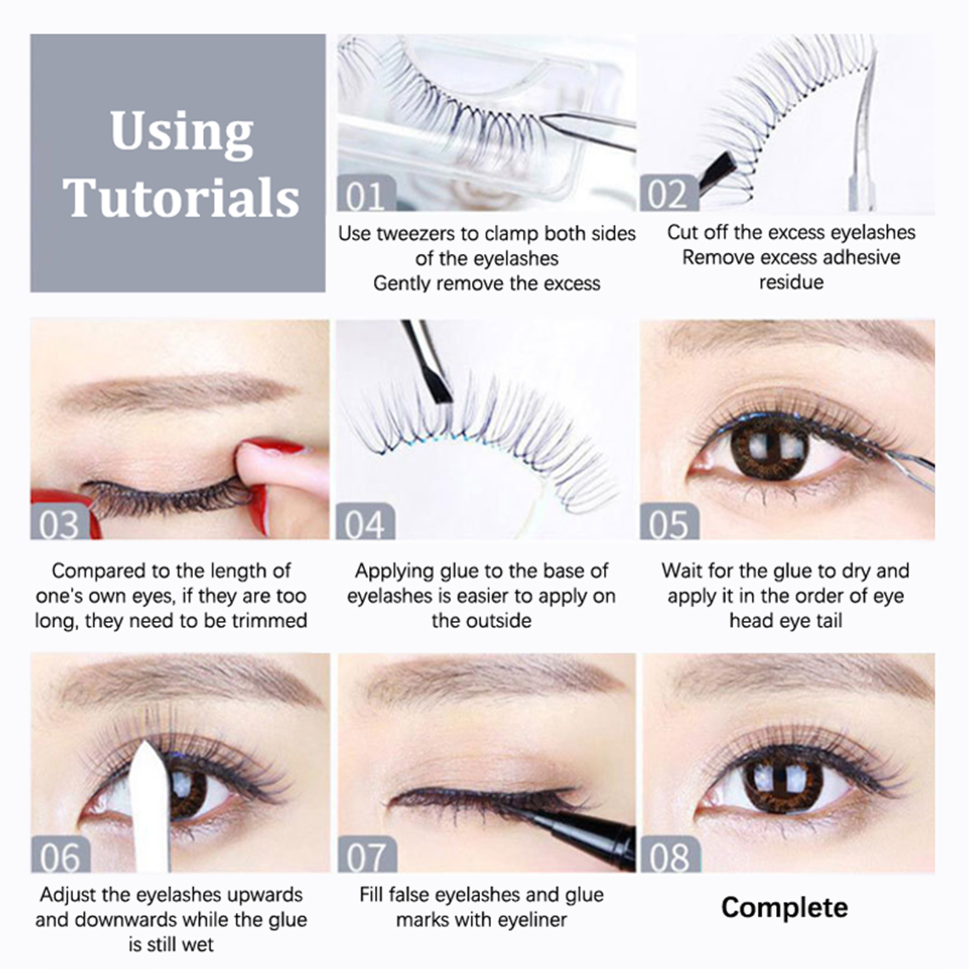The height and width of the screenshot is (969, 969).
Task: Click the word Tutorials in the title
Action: click(181, 198)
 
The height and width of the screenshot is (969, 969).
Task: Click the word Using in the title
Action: click(181, 131)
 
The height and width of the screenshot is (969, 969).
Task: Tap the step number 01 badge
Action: click(366, 193)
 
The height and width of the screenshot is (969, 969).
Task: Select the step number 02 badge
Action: click(669, 193)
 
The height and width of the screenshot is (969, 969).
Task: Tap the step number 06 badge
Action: click(60, 855)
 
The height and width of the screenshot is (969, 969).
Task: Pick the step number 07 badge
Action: click(367, 855)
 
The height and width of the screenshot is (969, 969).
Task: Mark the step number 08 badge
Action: click(670, 855)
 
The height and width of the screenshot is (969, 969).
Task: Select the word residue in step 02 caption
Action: click(791, 282)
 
